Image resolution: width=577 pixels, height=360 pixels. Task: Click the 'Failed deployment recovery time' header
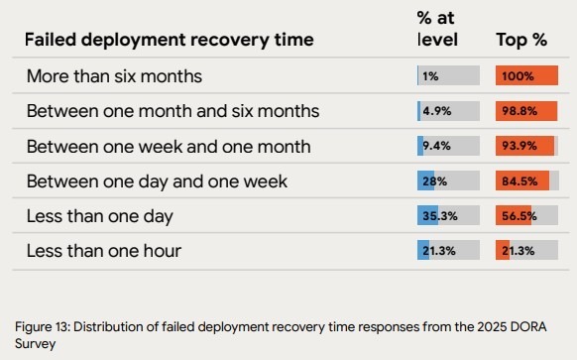pos(169,40)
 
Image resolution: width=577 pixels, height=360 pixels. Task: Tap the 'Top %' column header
pos(520,41)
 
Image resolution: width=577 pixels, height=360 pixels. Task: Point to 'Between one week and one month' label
pos(154,146)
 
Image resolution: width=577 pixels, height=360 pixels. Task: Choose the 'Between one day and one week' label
pos(143,180)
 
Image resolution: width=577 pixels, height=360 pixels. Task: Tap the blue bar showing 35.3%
pos(428,215)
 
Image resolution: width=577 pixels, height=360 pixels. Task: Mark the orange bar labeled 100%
pos(526,75)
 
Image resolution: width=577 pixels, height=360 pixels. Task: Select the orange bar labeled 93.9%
pos(524,146)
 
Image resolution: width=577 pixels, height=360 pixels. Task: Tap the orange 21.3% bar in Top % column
pos(503,250)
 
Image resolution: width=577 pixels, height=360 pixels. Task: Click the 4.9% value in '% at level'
pos(437,111)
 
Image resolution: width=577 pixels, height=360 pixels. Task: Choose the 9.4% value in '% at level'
pos(437,146)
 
